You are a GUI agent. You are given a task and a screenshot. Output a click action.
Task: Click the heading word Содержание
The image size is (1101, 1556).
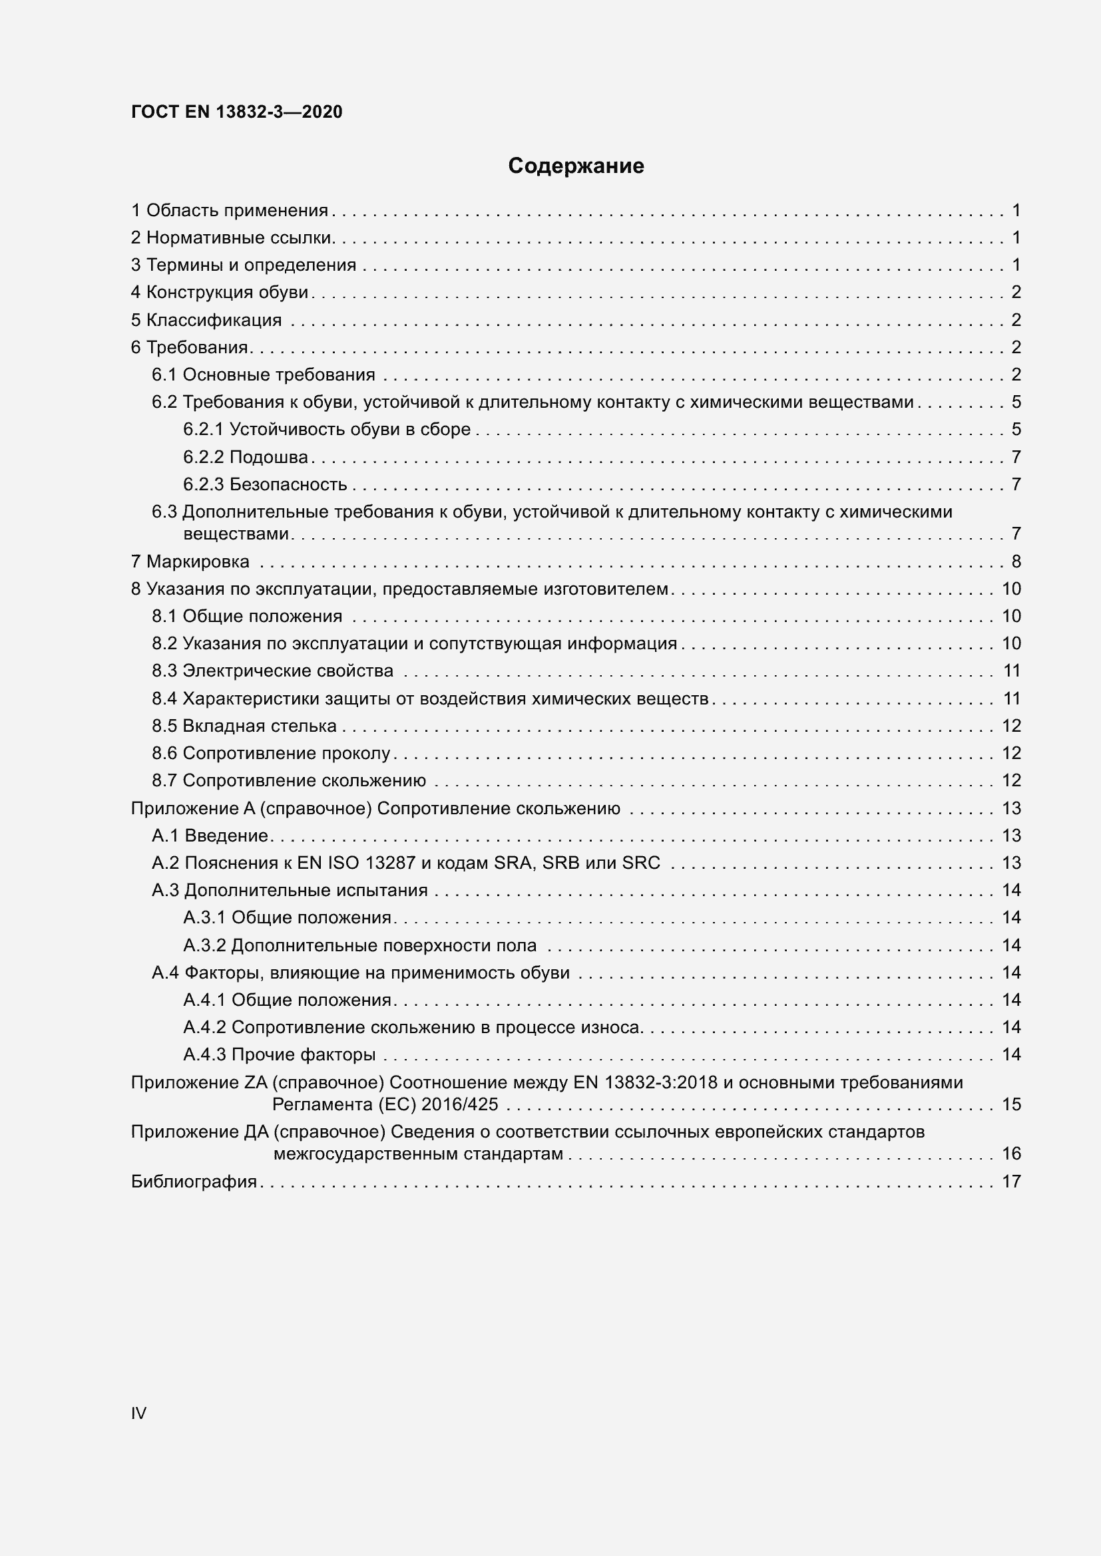pyautogui.click(x=576, y=166)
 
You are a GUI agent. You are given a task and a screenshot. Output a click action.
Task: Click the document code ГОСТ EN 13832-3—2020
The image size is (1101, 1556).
pyautogui.click(x=236, y=112)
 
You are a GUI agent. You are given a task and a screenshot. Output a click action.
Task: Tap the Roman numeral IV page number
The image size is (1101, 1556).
pyautogui.click(x=138, y=1413)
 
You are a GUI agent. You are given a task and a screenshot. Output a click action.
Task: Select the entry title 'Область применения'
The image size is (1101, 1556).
pyautogui.click(x=237, y=211)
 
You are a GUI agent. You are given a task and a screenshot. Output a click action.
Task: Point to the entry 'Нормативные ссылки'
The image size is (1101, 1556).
pyautogui.click(x=239, y=238)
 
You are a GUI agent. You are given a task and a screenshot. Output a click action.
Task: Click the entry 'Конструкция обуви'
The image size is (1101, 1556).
pyautogui.click(x=227, y=292)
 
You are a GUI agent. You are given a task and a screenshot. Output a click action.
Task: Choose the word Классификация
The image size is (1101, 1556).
pyautogui.click(x=214, y=320)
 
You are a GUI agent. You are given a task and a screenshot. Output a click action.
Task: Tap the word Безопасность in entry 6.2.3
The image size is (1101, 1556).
pyautogui.click(x=288, y=484)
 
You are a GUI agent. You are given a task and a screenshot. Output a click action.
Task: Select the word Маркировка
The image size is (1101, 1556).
pyautogui.click(x=198, y=562)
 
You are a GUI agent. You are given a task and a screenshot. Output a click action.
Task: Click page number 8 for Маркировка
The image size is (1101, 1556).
pyautogui.click(x=1016, y=562)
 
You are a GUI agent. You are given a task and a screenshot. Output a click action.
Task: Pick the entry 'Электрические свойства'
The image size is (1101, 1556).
pyautogui.click(x=288, y=671)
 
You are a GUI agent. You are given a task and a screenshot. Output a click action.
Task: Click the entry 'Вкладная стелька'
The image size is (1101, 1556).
pyautogui.click(x=260, y=726)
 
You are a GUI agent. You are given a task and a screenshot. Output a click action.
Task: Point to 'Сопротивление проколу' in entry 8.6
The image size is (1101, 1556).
pyautogui.click(x=287, y=754)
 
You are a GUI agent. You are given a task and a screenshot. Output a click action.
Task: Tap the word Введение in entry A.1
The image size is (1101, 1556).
pyautogui.click(x=226, y=836)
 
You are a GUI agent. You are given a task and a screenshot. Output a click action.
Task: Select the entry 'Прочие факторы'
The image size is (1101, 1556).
pyautogui.click(x=304, y=1054)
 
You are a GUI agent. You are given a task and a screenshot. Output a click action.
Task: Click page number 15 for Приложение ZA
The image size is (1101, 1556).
pyautogui.click(x=1011, y=1105)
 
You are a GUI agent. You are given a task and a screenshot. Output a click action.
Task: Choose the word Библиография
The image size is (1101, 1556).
pyautogui.click(x=194, y=1182)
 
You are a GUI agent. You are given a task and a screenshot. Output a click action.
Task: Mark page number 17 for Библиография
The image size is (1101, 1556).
pyautogui.click(x=1011, y=1182)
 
